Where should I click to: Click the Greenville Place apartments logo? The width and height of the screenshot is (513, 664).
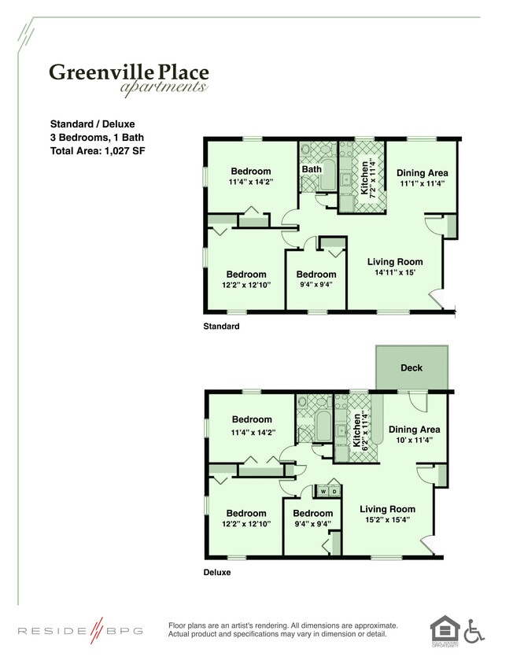128,78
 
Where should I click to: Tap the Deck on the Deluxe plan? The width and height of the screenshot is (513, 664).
412,367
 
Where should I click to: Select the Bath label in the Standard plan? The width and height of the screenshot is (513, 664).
312,169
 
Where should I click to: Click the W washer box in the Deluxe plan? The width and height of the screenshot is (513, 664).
323,492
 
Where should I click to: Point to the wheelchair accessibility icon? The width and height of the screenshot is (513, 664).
474,630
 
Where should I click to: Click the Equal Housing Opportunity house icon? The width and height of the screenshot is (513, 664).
444,630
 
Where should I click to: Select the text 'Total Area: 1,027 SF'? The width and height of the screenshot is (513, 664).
98,150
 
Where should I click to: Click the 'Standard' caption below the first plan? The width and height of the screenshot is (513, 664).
221,326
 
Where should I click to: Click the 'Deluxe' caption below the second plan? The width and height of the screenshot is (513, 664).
217,573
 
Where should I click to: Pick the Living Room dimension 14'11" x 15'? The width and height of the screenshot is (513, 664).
394,273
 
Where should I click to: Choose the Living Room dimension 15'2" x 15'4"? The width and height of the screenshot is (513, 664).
386,520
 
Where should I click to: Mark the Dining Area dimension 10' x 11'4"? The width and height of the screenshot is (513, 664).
414,441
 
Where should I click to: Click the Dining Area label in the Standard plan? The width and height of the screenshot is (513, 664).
422,173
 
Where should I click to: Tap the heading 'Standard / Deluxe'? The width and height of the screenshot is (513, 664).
92,124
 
